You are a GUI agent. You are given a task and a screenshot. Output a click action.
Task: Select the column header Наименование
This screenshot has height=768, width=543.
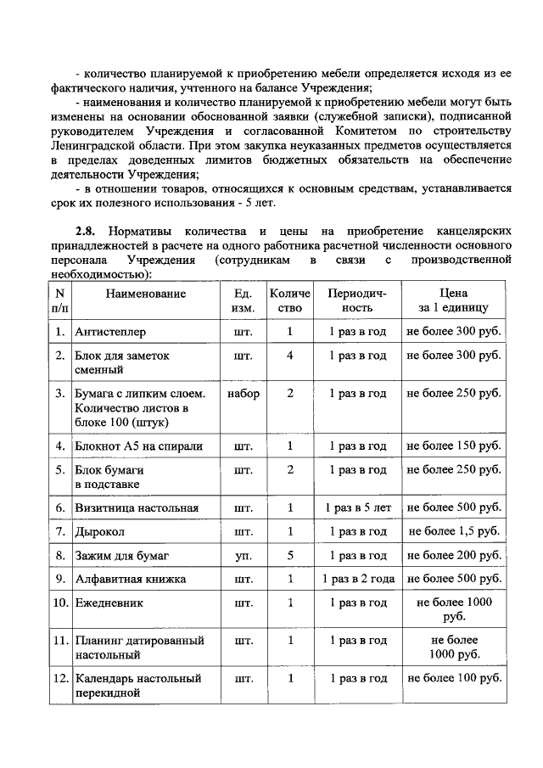tap(145, 293)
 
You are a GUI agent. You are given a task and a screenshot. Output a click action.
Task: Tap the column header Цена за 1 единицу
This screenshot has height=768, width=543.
tap(453, 300)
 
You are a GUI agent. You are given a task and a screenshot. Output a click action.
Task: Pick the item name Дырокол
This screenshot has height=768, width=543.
tap(100, 531)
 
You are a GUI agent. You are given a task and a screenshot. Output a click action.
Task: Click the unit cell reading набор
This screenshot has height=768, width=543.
tap(244, 394)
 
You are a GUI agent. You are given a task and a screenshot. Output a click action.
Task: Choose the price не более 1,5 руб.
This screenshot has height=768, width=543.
tap(454, 531)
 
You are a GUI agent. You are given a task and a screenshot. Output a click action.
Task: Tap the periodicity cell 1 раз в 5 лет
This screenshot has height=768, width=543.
tap(357, 507)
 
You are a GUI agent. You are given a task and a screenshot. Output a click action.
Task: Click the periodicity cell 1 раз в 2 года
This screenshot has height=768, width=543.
tap(357, 579)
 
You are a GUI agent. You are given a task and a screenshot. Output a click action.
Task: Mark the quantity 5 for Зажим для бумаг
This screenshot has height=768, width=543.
tap(290, 555)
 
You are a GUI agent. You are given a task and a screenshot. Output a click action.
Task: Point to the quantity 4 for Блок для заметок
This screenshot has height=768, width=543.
tap(290, 356)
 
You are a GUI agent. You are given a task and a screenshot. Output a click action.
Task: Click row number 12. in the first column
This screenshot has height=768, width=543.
tap(60, 679)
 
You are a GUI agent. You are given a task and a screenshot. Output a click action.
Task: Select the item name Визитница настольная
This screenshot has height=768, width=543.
tap(137, 507)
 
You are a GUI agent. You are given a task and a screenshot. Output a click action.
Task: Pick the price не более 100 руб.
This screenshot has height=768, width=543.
tap(454, 679)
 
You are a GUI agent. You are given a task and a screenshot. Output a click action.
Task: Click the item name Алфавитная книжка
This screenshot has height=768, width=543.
tap(131, 579)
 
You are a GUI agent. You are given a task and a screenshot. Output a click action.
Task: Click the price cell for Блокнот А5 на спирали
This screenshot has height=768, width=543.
tap(454, 446)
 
